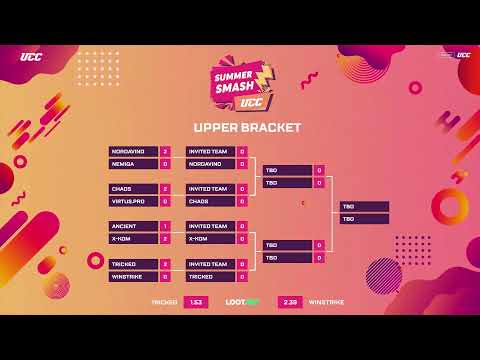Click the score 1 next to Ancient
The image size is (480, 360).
coord(165,226)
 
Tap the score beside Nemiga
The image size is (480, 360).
coord(165,163)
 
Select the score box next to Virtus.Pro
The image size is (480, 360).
coord(165,201)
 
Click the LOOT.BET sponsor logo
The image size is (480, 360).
coord(242,301)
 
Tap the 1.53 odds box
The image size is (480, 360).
coord(196,301)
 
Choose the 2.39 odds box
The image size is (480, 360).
coord(291,301)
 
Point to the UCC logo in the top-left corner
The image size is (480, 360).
coord(30,56)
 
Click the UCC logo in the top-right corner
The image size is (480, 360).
coord(463,55)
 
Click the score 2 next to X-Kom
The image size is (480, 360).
coord(165,239)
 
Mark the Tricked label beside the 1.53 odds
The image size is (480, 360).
coord(164,301)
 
